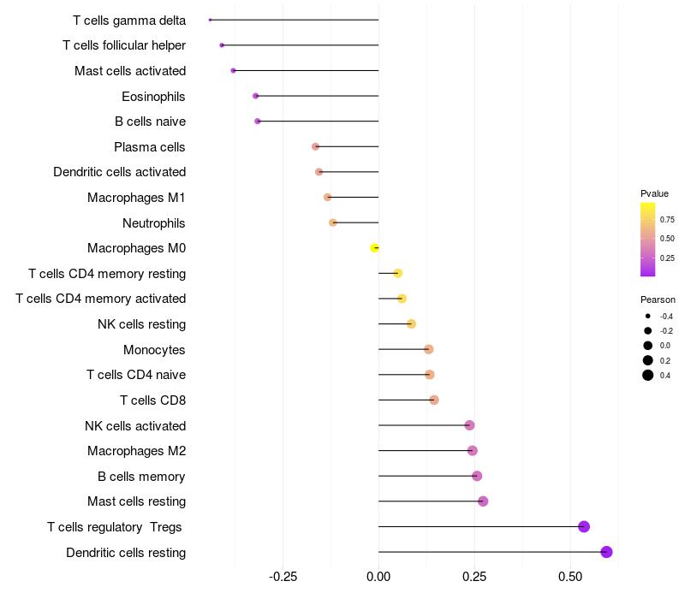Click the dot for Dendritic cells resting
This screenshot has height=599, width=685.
[x=607, y=552]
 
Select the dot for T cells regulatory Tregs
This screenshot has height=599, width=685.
[x=584, y=526]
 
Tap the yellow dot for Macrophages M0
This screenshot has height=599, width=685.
[x=374, y=248]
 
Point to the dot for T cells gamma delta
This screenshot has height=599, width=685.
[x=210, y=20]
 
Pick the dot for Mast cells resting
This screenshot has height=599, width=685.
[x=483, y=501]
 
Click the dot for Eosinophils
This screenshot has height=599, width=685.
[x=255, y=96]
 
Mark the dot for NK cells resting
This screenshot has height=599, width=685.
[x=411, y=324]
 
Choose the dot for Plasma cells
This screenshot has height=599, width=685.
[x=315, y=147]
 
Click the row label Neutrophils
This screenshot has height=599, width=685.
[x=153, y=223]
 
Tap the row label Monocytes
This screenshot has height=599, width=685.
[x=154, y=349]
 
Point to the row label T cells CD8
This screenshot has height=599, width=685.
[x=152, y=400]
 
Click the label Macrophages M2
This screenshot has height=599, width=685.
[x=135, y=451]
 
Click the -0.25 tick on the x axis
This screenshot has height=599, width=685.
[x=283, y=577]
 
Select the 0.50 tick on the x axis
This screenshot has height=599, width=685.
[x=570, y=577]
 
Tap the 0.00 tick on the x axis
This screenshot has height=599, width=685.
[x=378, y=577]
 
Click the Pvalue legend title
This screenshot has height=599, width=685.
[x=654, y=193]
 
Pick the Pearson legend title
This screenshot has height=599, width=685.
[x=658, y=299]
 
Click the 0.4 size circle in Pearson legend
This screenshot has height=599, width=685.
[x=648, y=375]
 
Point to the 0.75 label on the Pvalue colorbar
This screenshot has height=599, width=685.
[x=667, y=220]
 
